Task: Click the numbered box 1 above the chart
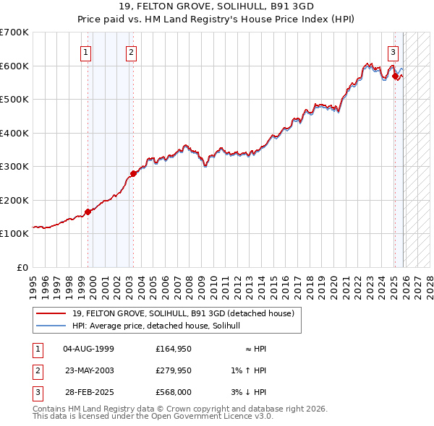(85, 51)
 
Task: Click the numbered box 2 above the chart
(131, 51)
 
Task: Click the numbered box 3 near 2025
(393, 51)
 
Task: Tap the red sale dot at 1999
(88, 212)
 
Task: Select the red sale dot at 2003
(133, 173)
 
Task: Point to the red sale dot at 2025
(396, 76)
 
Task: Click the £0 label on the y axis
(21, 267)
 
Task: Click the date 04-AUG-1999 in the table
(89, 349)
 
